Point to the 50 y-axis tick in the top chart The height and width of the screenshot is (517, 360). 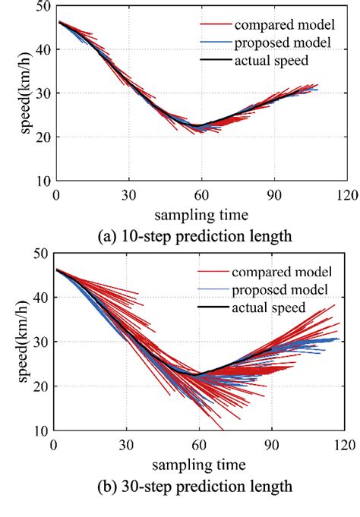(43, 5)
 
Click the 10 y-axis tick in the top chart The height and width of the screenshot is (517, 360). (43, 182)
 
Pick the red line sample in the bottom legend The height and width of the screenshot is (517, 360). (211, 273)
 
